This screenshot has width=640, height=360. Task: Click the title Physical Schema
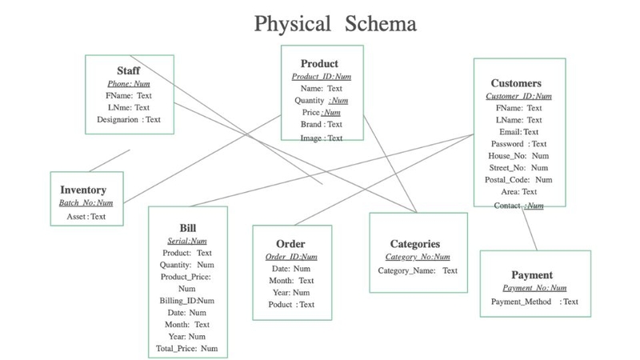[x=335, y=23]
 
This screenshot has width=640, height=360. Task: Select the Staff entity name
[x=128, y=71]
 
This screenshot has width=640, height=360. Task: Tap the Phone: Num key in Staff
[x=128, y=83]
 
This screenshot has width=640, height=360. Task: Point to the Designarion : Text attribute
[x=128, y=119]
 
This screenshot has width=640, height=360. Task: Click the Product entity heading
[x=319, y=63]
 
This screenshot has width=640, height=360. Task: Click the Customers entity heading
[x=517, y=82]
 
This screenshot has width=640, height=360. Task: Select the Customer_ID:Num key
[x=518, y=96]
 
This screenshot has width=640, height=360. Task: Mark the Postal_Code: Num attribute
[x=518, y=180]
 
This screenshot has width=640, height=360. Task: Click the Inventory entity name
[x=83, y=190]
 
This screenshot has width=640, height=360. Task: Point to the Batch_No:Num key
[x=86, y=203]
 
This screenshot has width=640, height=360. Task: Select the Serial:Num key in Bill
[x=187, y=240]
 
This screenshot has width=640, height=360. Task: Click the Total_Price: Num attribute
[x=187, y=349]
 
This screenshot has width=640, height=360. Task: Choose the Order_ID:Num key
[x=291, y=257]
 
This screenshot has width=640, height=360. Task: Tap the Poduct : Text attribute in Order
[x=291, y=305]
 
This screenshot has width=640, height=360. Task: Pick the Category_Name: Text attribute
[x=417, y=270]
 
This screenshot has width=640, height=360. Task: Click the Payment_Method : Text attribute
[x=534, y=302]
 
